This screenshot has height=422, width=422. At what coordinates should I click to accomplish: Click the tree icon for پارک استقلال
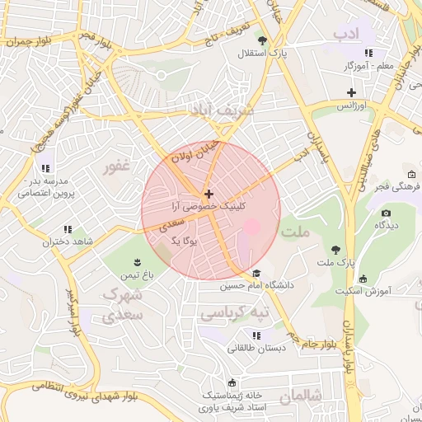(x=262, y=40)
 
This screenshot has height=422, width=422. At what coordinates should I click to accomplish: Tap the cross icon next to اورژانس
(x=352, y=92)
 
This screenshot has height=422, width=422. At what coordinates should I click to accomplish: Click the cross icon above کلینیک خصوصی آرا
(x=208, y=194)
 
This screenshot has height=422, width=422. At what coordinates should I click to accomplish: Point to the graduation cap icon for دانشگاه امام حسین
(x=256, y=274)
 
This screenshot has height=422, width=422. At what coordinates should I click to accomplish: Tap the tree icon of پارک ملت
(x=335, y=249)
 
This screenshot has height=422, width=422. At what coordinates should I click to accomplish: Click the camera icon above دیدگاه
(x=386, y=213)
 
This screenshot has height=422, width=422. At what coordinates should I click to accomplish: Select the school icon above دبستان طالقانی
(x=257, y=335)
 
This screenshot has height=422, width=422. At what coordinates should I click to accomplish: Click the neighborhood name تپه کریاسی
(x=236, y=314)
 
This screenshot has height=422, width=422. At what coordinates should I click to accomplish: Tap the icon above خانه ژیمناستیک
(x=232, y=383)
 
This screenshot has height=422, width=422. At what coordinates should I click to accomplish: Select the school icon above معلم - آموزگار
(x=368, y=53)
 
